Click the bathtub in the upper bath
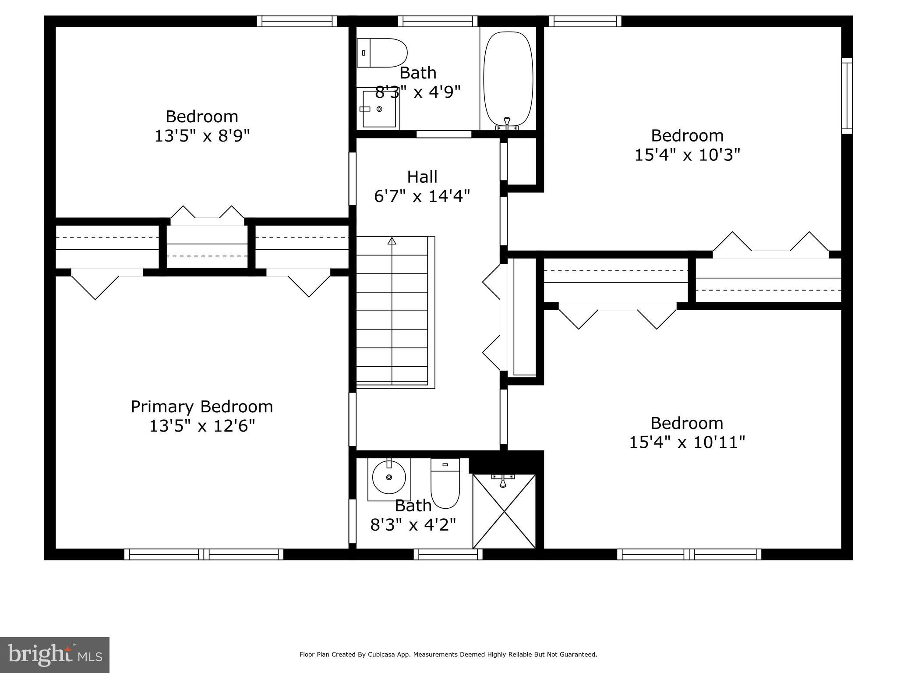point(508,79)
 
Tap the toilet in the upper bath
point(382,53)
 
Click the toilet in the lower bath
point(445,484)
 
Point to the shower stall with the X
point(504,511)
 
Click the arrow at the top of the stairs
point(392,241)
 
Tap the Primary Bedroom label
point(201,407)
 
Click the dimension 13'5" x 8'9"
point(202,136)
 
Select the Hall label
point(422,177)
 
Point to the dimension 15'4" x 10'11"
point(687,443)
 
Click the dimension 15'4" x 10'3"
point(687,155)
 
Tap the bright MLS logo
point(54,655)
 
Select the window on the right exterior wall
point(847,96)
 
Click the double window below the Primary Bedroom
point(204,554)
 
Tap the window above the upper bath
point(438,21)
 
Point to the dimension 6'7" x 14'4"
point(422,196)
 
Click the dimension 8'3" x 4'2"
point(413,524)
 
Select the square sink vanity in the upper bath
point(379,109)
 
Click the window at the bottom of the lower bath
point(448,554)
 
